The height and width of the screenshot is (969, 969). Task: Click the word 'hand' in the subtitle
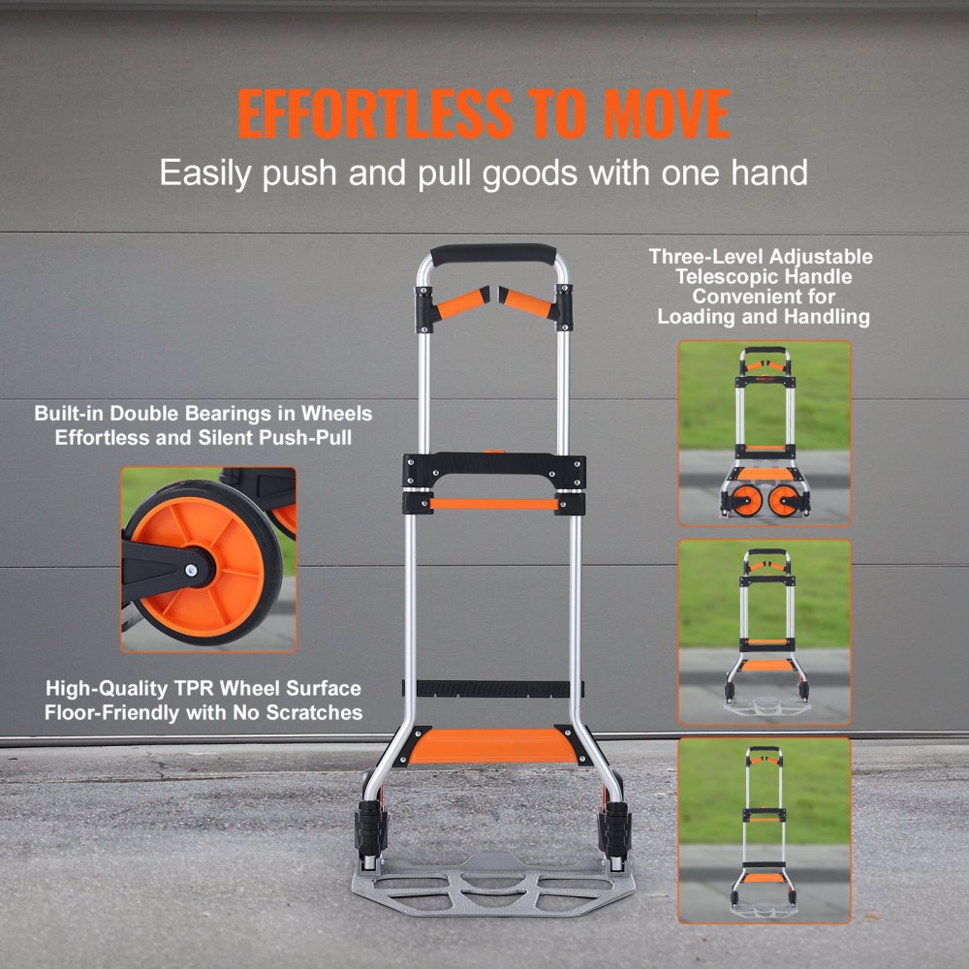coord(770,173)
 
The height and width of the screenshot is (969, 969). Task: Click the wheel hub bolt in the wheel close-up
coord(195,558)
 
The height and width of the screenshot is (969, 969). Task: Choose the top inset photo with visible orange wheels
coord(765,432)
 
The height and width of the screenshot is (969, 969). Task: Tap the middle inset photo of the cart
coord(765,632)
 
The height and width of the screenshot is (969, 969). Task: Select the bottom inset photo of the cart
coord(765,830)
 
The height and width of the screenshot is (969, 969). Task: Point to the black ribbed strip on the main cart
coord(493,689)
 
